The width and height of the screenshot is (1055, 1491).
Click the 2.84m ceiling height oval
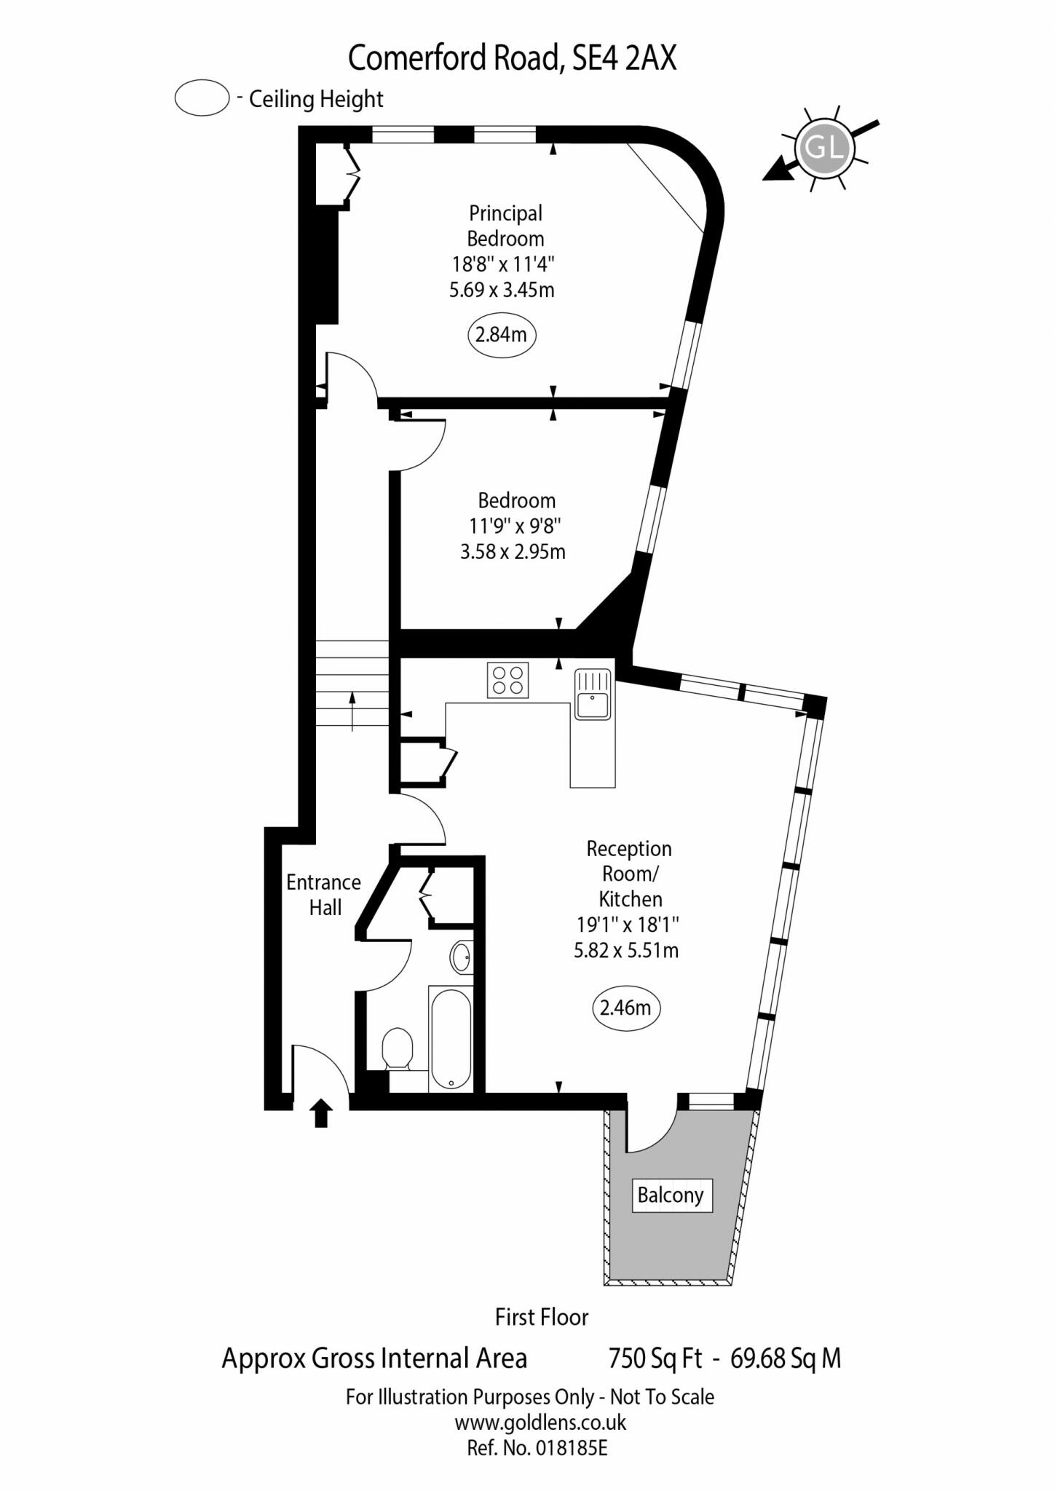pos(501,335)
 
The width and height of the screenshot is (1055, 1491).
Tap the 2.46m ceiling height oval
pos(626,1008)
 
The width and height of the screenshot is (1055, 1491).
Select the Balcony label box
pos(671,1195)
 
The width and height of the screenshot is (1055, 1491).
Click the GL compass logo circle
pos(823,149)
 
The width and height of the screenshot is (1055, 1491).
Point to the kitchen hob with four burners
pos(507,681)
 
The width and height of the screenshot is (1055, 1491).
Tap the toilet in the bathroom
pos(398,1048)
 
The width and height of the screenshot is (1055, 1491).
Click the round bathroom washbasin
pos(461,957)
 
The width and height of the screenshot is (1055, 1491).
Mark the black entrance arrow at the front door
pos(321,1113)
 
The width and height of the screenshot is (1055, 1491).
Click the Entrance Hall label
pos(324,895)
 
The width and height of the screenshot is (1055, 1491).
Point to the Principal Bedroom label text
pos(505,226)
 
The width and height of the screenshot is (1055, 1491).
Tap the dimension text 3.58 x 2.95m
pos(513,551)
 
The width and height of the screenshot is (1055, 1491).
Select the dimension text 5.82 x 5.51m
pos(626,950)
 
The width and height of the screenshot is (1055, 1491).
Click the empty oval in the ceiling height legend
pos(202,98)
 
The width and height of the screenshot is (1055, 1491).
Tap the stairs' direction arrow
pos(352,710)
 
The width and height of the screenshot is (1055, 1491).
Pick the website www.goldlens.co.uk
pos(540,1422)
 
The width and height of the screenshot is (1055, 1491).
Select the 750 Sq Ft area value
pos(655,1358)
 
